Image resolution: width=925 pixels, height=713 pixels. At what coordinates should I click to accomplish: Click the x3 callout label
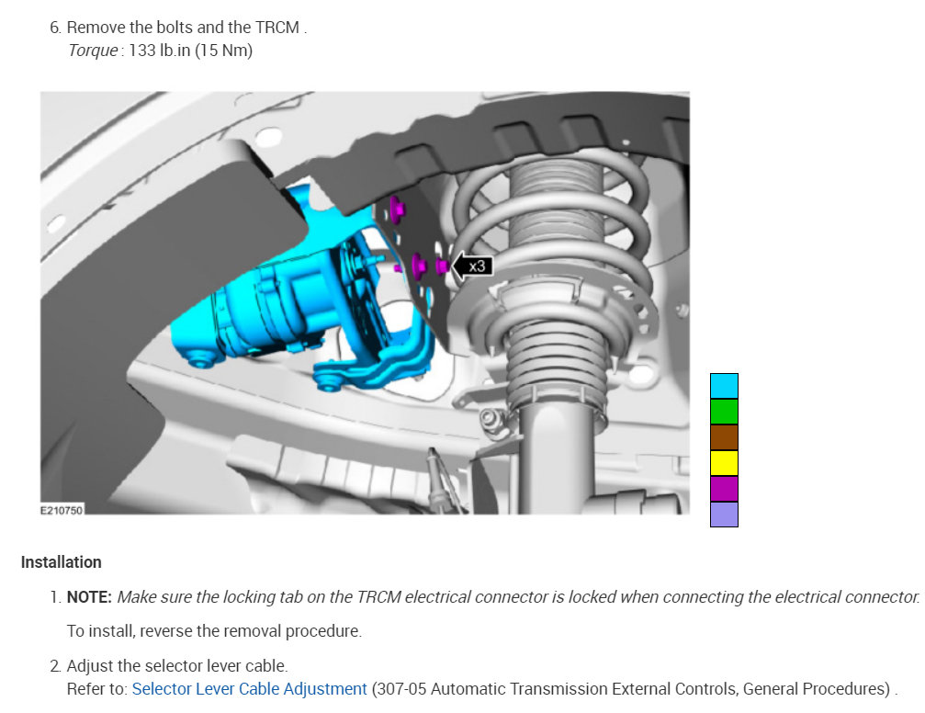[478, 266]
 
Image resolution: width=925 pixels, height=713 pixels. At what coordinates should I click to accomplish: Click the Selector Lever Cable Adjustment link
[249, 689]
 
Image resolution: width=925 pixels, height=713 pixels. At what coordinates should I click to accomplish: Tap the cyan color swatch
[724, 386]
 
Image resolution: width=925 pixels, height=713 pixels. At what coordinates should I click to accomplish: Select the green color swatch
[724, 412]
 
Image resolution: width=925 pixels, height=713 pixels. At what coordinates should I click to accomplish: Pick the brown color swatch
[724, 437]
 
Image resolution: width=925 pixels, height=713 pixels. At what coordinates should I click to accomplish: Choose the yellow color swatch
[724, 463]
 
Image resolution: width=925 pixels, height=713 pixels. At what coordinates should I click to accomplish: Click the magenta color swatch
[724, 489]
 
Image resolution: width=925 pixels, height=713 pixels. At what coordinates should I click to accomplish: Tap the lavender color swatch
[724, 515]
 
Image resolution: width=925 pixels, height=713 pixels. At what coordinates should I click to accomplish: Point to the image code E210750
[62, 510]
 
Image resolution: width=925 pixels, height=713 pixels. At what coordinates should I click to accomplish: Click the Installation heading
[62, 562]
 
